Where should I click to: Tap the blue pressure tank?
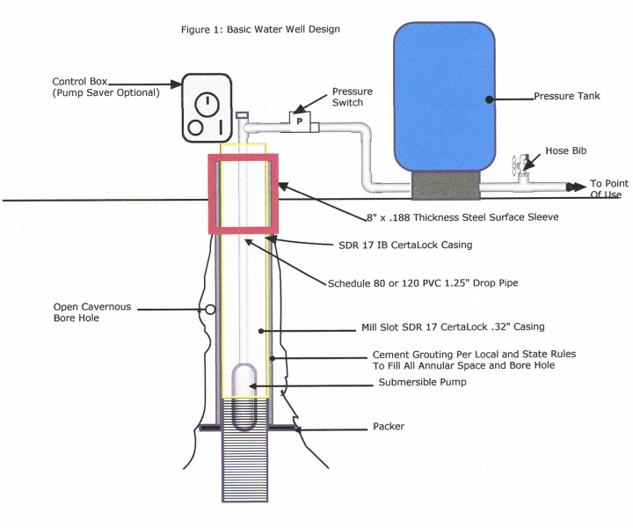(445, 97)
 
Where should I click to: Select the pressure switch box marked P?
(300, 121)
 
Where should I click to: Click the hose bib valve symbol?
(521, 167)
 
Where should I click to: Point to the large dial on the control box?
(207, 105)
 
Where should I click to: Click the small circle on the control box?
(195, 128)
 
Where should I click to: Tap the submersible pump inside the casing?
(244, 397)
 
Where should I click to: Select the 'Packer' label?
(389, 426)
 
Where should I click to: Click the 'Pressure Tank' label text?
(567, 96)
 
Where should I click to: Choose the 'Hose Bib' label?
(565, 150)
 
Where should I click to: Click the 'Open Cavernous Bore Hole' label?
(92, 312)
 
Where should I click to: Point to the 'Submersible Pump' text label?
(422, 382)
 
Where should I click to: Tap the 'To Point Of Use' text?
(608, 188)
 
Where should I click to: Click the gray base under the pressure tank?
(446, 185)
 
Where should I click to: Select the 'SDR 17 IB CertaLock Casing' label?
(405, 245)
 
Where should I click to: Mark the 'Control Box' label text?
(79, 82)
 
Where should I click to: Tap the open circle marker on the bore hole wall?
(210, 310)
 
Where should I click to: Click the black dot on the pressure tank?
(490, 99)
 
